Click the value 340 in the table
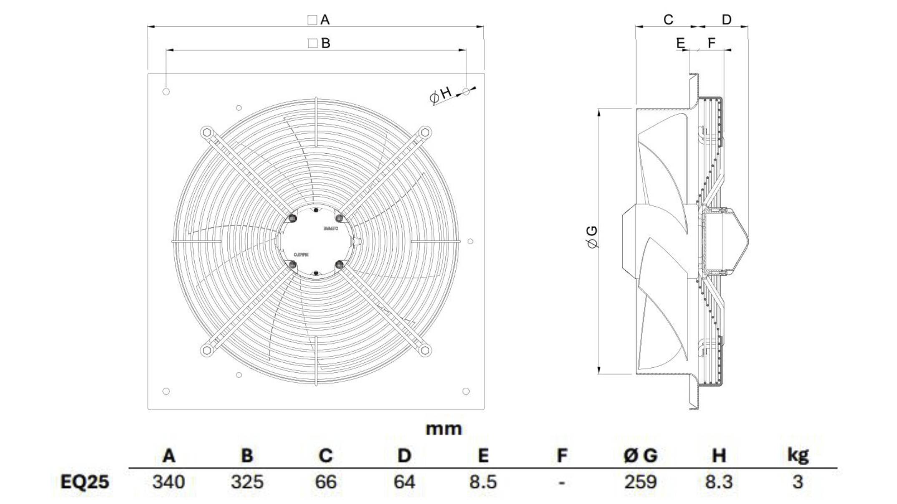tap(168, 482)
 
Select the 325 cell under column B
tap(247, 482)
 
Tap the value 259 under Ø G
tap(640, 482)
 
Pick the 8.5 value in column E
tap(483, 482)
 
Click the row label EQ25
tap(85, 482)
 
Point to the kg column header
tap(797, 455)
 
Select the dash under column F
tap(562, 483)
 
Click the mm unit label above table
tap(444, 429)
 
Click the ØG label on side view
tap(592, 237)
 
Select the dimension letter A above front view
tap(324, 20)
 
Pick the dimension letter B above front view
tap(326, 43)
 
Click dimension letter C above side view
tap(668, 20)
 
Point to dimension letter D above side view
tap(726, 20)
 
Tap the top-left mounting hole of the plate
tap(166, 92)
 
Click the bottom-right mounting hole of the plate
tap(466, 391)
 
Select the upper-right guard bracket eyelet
tap(425, 133)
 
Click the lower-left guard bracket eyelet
tap(206, 350)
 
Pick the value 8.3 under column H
tap(719, 482)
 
